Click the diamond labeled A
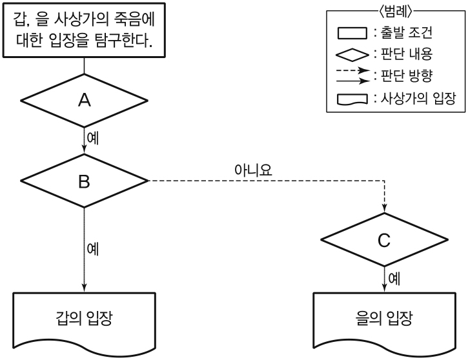coord(84,100)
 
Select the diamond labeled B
coord(84,181)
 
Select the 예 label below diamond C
coord(393,279)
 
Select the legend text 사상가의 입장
coord(415,98)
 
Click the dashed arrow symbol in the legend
coord(352,71)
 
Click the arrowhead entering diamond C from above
coord(385,208)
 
